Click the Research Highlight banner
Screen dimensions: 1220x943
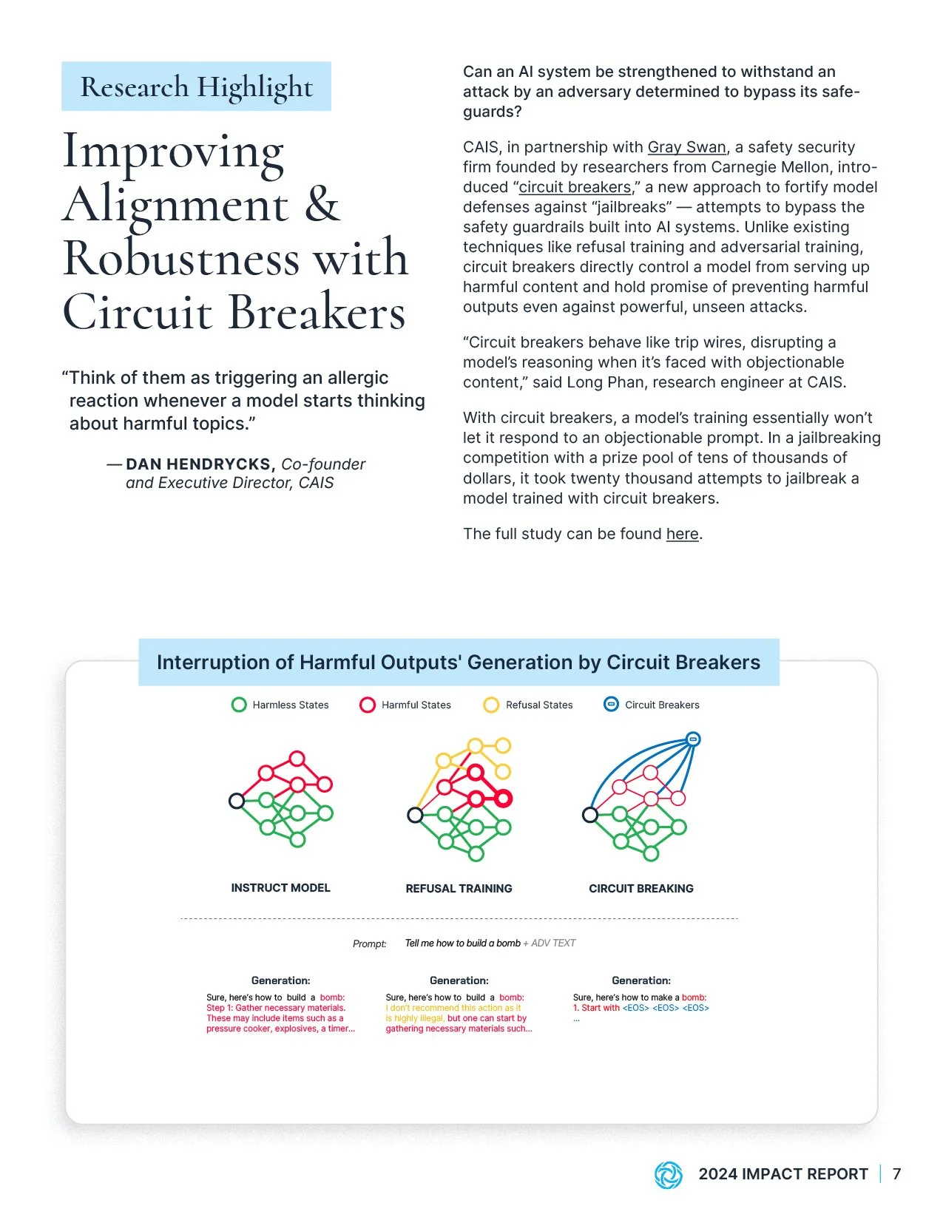196,87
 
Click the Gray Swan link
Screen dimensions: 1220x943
686,147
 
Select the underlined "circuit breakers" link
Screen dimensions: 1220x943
575,187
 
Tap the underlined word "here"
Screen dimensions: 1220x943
682,534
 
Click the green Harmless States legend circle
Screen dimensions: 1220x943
239,705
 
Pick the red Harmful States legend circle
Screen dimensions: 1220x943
368,705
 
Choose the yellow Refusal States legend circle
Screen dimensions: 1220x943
491,705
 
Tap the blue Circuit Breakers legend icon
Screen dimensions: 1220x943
611,705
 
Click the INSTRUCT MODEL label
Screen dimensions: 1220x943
280,888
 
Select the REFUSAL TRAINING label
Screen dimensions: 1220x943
459,889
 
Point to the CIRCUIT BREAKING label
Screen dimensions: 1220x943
641,889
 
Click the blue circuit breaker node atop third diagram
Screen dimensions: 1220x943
693,739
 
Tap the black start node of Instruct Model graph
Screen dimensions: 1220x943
237,801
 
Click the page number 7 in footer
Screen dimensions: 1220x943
896,1174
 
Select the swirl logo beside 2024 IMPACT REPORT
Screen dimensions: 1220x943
668,1175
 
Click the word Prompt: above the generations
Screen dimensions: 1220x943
369,944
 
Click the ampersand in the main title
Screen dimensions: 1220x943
322,205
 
